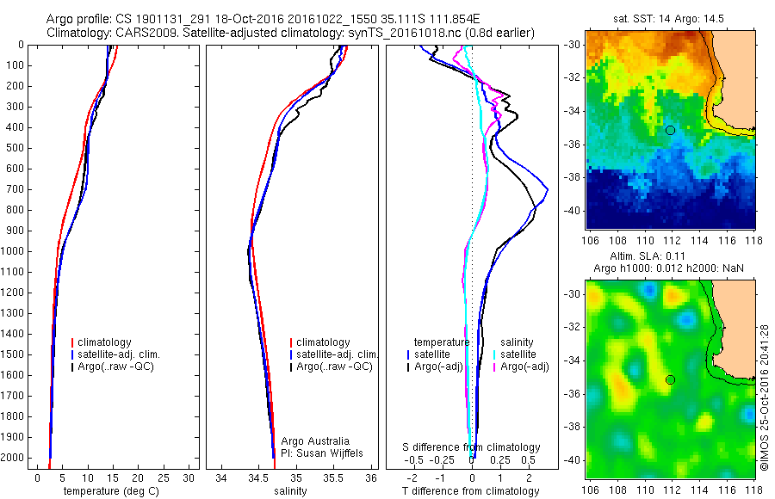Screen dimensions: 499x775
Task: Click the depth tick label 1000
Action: pyautogui.click(x=14, y=251)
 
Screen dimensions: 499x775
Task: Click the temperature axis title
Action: pyautogui.click(x=109, y=491)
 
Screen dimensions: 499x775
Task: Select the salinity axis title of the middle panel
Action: pyautogui.click(x=289, y=491)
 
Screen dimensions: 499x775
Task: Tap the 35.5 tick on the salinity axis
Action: pyautogui.click(x=333, y=477)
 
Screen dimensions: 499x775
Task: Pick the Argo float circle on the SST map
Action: pyautogui.click(x=670, y=130)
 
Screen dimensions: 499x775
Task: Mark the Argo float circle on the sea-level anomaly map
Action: pyautogui.click(x=670, y=379)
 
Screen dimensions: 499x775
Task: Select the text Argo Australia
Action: pyautogui.click(x=316, y=440)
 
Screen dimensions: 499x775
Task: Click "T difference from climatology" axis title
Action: pyautogui.click(x=472, y=491)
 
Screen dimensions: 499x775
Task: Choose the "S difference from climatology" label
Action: pyautogui.click(x=472, y=447)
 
